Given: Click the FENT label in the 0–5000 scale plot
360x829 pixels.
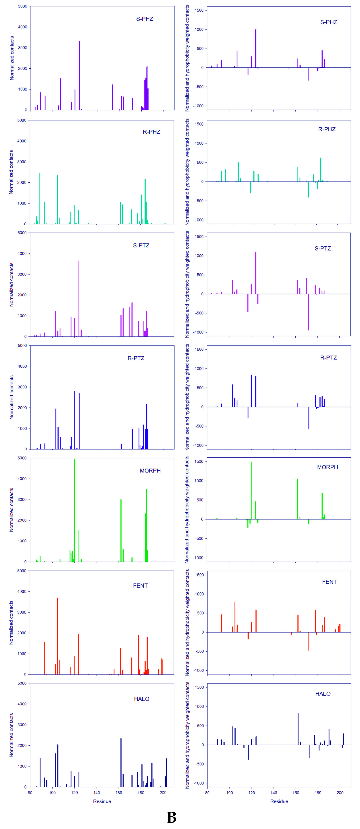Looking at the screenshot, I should [140, 585].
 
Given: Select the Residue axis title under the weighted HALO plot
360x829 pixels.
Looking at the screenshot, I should [279, 801].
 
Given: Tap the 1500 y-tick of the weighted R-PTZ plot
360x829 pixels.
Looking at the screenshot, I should [200, 349].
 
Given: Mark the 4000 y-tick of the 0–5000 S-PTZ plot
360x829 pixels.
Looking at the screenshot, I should [22, 254].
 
